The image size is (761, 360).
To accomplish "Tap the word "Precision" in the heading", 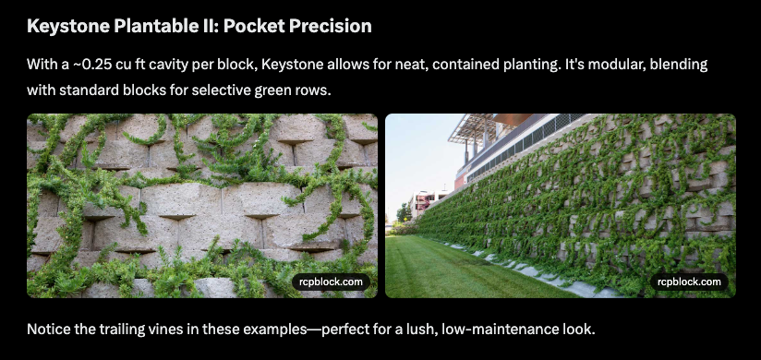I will [x=330, y=26].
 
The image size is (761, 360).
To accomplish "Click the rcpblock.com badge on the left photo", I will [x=332, y=282].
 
